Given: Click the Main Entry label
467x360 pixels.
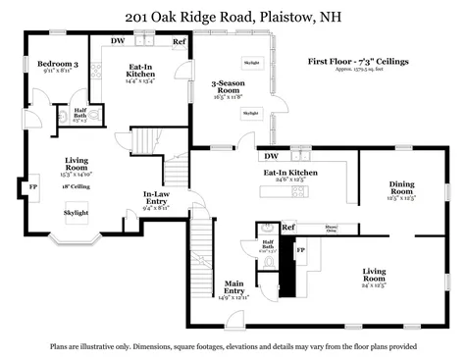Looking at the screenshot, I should coord(233,286).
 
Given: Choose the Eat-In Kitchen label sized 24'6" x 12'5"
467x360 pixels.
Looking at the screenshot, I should coord(290,174).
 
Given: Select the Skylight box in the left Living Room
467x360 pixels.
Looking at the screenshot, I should coord(76,213).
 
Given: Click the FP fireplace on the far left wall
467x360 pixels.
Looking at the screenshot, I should coord(32,186).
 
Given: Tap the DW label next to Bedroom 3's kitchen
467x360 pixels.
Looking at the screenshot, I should coord(118,41).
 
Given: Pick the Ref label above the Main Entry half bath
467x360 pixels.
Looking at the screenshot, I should coord(288,229).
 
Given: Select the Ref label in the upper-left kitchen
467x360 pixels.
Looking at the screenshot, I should coord(180,41).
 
